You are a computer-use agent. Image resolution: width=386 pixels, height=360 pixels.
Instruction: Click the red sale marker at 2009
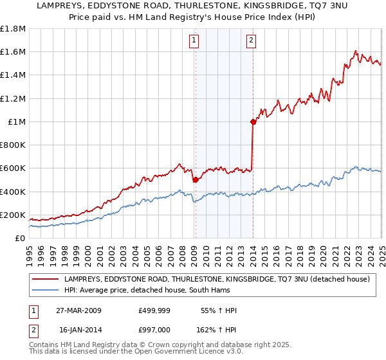tap(195, 180)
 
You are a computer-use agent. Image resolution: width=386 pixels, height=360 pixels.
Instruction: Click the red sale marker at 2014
tap(253, 122)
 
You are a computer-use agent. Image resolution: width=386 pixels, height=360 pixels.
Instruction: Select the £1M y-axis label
tap(17, 122)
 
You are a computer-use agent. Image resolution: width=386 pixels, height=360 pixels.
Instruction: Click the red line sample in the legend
tap(46, 280)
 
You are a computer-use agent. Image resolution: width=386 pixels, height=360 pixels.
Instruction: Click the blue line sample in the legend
tap(46, 291)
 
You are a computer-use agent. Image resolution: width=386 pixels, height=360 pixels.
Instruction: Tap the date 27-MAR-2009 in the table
tap(80, 310)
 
